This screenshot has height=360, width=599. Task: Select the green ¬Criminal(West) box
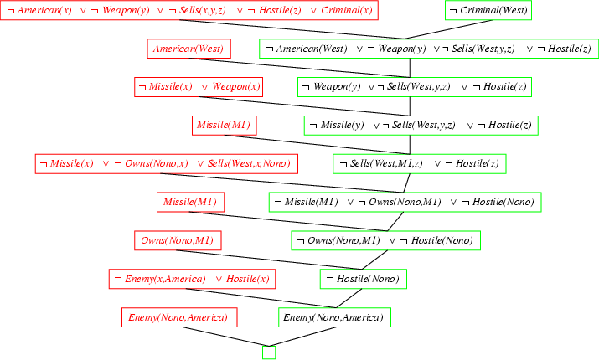click(488, 11)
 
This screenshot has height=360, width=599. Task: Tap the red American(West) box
click(188, 49)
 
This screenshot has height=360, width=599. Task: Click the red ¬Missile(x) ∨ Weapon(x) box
click(199, 87)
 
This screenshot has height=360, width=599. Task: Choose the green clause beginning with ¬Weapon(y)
click(415, 87)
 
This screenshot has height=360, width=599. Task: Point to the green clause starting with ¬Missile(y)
click(420, 125)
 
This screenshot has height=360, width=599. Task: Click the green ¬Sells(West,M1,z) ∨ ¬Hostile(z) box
click(420, 163)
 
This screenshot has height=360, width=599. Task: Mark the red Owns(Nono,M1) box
click(177, 240)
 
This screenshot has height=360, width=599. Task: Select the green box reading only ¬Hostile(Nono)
click(362, 279)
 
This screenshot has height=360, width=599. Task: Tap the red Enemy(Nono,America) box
click(178, 317)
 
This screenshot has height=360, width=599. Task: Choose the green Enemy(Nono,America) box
click(333, 317)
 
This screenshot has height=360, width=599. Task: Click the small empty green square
click(269, 352)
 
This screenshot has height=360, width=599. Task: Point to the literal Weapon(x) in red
click(236, 87)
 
